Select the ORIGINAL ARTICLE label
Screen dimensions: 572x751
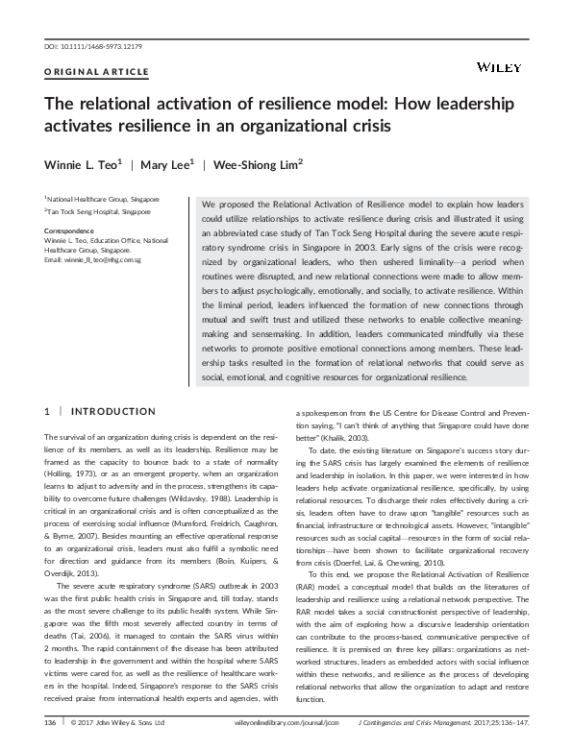click(97, 72)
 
